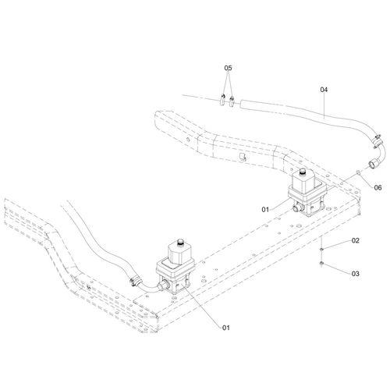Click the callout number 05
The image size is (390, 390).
coord(228,68)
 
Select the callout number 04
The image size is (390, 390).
coord(324,90)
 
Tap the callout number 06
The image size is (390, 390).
coord(378,187)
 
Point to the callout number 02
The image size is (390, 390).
coord(355,241)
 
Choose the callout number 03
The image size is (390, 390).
coord(355,274)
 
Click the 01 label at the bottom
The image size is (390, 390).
coord(226,328)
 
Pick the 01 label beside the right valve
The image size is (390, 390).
coord(265,210)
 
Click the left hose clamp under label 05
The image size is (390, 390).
coord(222,100)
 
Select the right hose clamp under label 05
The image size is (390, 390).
coord(232,101)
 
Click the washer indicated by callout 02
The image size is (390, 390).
coord(321,249)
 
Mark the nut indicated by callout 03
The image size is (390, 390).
coord(321,264)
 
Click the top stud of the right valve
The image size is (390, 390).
coord(303,172)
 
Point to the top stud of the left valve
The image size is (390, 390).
coord(180,243)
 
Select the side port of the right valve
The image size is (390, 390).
coord(296,208)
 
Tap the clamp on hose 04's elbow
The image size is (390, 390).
coord(377,140)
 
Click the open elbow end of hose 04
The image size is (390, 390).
coord(373,165)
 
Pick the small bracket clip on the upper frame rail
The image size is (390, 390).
coord(243,158)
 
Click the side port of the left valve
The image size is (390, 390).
coord(163,286)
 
